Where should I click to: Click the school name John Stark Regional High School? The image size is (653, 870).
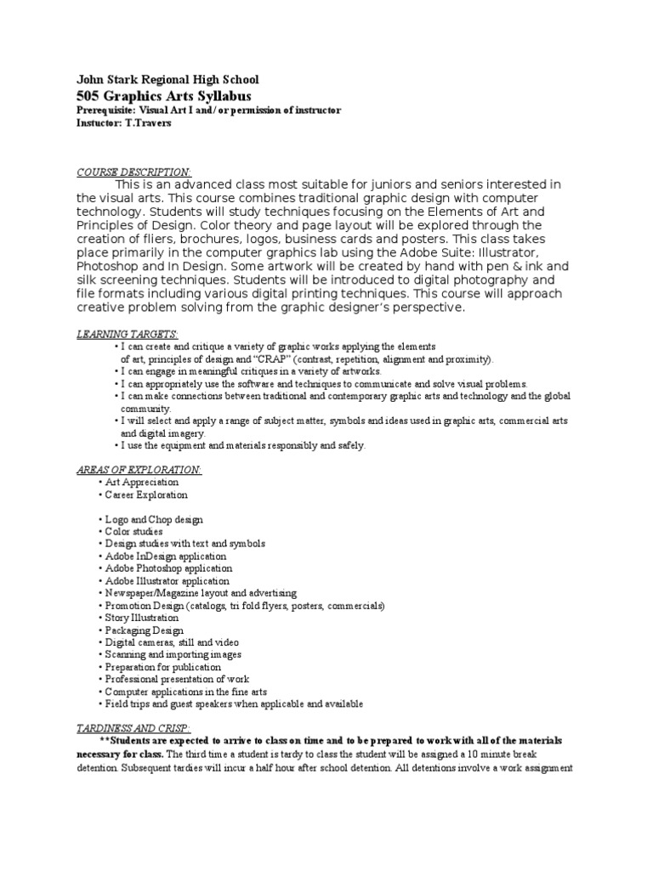click(x=168, y=80)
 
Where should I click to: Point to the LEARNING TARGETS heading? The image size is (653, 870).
click(x=128, y=334)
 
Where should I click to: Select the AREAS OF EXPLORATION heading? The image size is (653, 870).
click(x=139, y=470)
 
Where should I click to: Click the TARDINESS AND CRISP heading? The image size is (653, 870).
click(x=133, y=728)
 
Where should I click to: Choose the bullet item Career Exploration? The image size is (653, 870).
click(x=145, y=495)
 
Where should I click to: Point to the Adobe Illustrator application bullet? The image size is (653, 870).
click(x=168, y=581)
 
